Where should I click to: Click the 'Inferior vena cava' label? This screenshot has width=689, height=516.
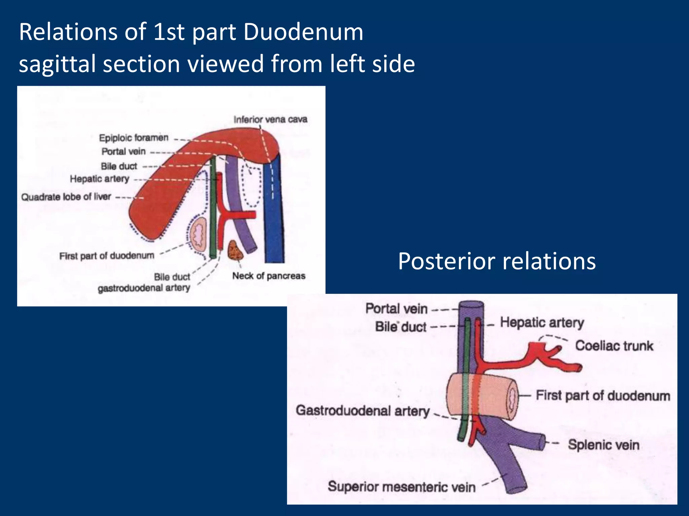point(270,119)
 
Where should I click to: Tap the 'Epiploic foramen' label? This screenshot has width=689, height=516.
point(134,138)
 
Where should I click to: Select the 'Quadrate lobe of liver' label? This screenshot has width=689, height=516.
point(66,197)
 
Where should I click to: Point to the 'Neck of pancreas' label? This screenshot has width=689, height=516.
point(269,276)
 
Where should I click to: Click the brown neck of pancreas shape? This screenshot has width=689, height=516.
point(235,250)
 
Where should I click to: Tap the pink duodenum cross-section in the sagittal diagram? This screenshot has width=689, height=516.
point(198,234)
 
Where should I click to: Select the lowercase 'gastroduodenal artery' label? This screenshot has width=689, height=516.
point(144,288)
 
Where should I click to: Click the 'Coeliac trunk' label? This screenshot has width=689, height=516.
point(614,346)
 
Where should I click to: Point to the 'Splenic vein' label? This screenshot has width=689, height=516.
point(604,445)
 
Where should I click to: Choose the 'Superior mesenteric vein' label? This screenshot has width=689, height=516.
point(402,486)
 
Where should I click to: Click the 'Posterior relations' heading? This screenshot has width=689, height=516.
point(497,261)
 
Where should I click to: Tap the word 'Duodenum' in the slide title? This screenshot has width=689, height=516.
point(303,32)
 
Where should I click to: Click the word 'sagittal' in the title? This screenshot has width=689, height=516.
point(57,64)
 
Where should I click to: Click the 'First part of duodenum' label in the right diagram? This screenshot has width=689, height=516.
point(603,395)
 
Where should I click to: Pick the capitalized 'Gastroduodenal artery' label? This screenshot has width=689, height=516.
point(363,411)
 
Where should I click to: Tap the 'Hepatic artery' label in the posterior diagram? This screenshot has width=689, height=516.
point(542,322)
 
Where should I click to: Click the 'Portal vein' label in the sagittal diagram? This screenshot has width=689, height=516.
point(124,152)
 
